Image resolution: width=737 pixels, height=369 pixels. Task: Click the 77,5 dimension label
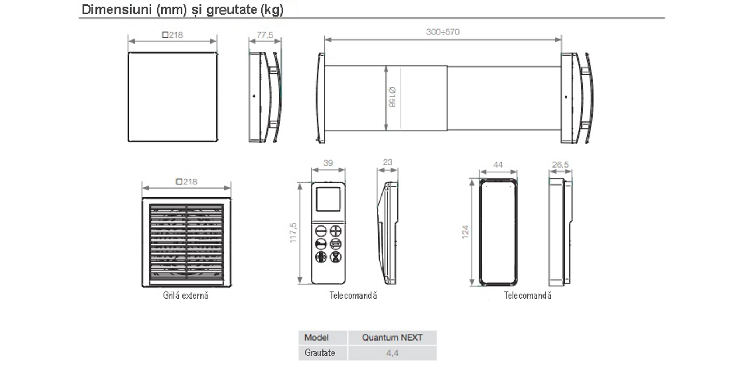click(265, 35)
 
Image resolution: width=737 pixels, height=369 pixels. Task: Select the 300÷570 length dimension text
click(443, 32)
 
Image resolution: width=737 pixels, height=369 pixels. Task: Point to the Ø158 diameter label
click(392, 97)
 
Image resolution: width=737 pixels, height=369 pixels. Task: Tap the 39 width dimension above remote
click(328, 163)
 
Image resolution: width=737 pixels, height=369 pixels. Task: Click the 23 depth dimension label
click(387, 162)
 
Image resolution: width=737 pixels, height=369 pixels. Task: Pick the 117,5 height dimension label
click(293, 232)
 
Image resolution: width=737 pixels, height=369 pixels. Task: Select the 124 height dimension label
click(465, 232)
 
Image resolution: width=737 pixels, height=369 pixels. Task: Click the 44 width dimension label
click(498, 165)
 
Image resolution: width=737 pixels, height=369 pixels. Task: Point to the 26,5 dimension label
click(560, 165)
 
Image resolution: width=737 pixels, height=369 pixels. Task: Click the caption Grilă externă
click(185, 295)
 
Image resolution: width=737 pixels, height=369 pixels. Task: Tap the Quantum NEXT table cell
click(392, 337)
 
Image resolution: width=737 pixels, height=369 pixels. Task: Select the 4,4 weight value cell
click(392, 353)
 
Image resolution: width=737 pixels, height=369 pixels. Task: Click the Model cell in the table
click(317, 337)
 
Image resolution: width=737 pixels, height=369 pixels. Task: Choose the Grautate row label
click(319, 353)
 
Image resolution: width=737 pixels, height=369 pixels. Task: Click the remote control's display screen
click(328, 199)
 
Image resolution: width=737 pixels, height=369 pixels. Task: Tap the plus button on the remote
click(335, 231)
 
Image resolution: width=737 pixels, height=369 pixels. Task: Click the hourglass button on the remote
click(335, 257)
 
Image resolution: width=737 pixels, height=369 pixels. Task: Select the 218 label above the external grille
click(187, 182)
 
